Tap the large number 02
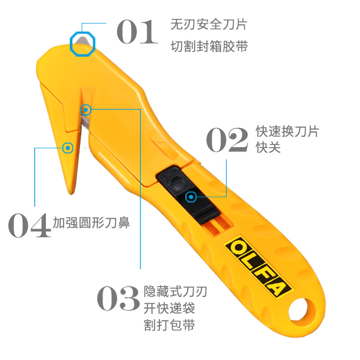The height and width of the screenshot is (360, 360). pyautogui.click(x=227, y=139)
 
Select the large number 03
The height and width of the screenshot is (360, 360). pyautogui.click(x=118, y=298)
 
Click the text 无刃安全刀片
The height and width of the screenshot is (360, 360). pyautogui.click(x=209, y=24)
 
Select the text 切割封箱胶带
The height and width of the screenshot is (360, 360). pyautogui.click(x=209, y=46)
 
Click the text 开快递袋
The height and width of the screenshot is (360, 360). pyautogui.click(x=170, y=308)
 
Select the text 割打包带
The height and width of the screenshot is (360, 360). pyautogui.click(x=170, y=325)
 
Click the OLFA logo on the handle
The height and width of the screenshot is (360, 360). pyautogui.click(x=259, y=267)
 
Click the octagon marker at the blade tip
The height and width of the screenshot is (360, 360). pyautogui.click(x=83, y=43)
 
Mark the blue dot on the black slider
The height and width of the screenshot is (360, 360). pyautogui.click(x=191, y=197)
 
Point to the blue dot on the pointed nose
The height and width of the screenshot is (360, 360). pyautogui.click(x=68, y=147)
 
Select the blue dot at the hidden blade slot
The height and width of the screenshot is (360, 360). pyautogui.click(x=85, y=109)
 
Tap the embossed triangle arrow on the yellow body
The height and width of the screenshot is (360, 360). pyautogui.click(x=162, y=144)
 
